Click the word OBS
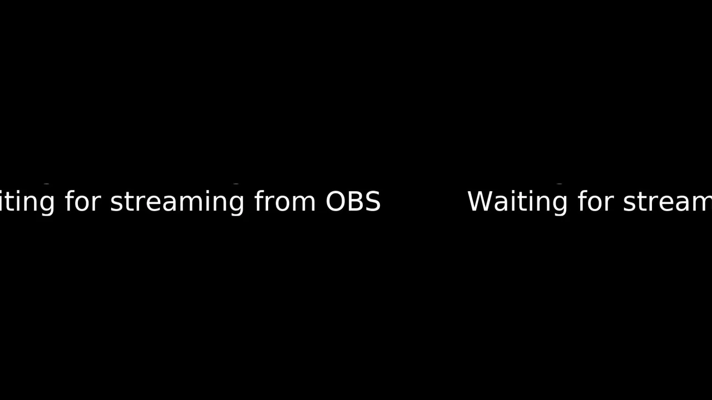[353, 201]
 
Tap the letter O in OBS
[335, 201]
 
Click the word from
[284, 201]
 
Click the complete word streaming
[177, 202]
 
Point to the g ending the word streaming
[236, 206]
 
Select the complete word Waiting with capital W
[517, 203]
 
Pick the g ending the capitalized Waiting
[560, 206]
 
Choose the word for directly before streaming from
[83, 201]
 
